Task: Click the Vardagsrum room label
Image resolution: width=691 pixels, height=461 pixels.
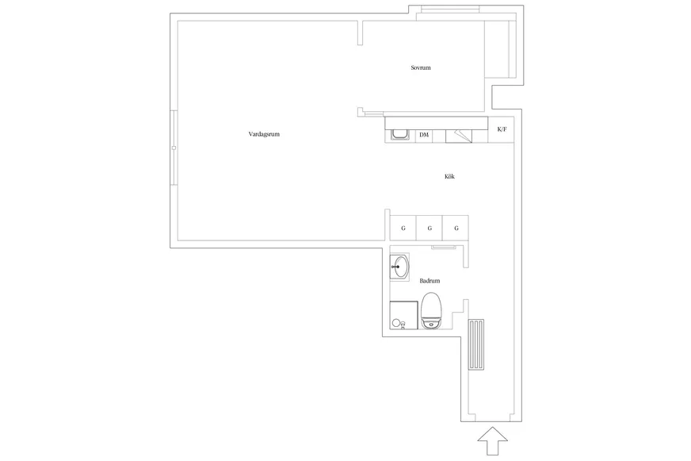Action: (x=264, y=134)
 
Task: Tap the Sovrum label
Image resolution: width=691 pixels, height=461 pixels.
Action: (x=421, y=67)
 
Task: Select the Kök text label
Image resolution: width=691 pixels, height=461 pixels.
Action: (x=449, y=176)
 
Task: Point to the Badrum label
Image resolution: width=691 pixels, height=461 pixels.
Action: (x=429, y=281)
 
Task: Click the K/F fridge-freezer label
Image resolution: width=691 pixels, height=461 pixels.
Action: (x=502, y=129)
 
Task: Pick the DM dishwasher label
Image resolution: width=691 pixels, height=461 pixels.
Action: (x=424, y=135)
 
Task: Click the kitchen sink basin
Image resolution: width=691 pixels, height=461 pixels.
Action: (x=401, y=135)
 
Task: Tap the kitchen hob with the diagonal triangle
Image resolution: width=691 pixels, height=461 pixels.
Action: (x=459, y=136)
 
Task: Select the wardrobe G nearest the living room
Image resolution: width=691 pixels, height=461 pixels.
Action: (x=403, y=228)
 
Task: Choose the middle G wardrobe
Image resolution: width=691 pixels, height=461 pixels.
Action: (x=429, y=228)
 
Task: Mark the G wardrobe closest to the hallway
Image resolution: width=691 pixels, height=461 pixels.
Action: (x=456, y=228)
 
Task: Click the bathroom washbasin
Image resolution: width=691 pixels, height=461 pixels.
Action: (x=400, y=267)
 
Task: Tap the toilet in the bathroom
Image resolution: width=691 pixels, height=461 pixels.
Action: (x=431, y=310)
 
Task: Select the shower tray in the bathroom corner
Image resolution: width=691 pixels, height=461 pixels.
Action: (x=403, y=315)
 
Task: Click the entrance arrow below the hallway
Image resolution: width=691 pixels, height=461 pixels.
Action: (x=493, y=440)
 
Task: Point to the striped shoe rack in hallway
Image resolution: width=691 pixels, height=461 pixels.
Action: (x=476, y=344)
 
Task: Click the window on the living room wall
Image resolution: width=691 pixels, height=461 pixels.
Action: (x=174, y=148)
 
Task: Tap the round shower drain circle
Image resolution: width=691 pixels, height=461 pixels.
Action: (x=396, y=324)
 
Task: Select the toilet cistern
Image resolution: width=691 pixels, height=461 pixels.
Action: (x=431, y=325)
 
